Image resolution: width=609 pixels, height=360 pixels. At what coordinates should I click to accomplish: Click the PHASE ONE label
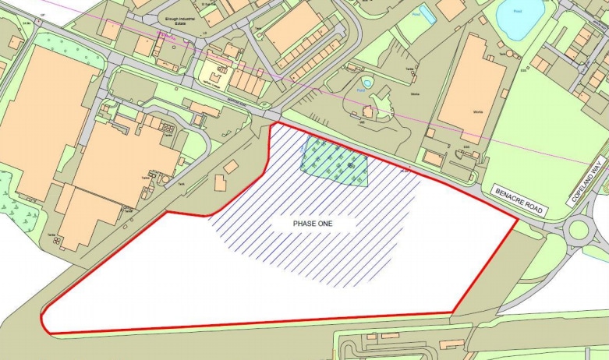[314, 223]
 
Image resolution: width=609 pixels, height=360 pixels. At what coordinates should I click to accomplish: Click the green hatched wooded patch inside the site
[335, 161]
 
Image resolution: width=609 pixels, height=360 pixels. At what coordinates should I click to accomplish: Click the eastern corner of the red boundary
[517, 219]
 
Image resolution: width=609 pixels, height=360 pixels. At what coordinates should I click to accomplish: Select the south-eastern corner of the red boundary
[452, 313]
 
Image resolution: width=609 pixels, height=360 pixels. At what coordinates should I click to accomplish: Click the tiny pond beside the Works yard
[366, 82]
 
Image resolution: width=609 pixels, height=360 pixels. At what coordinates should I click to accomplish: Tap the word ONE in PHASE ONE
[326, 223]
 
